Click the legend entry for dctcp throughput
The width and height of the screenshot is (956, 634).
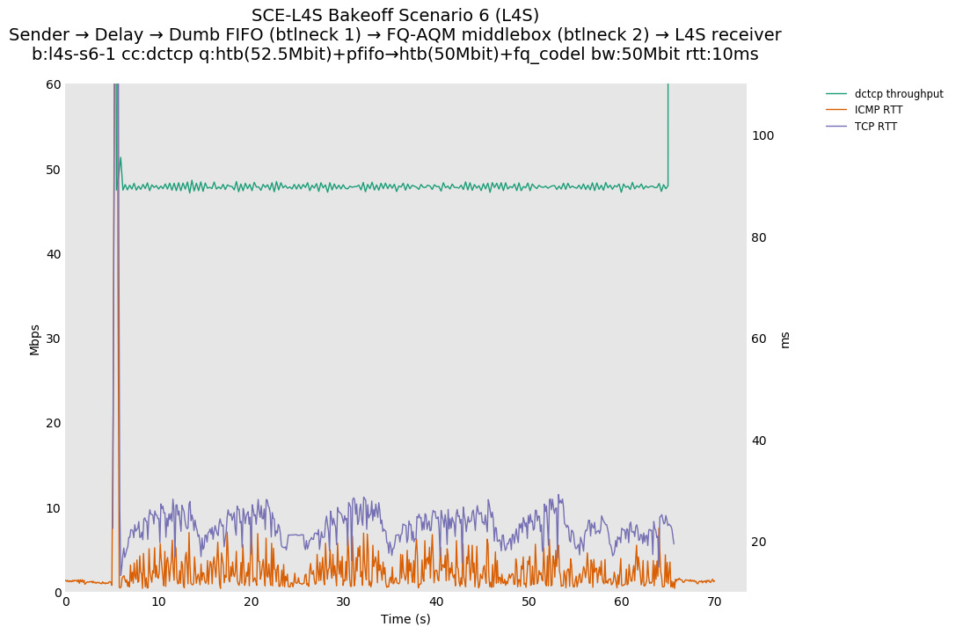point(898,93)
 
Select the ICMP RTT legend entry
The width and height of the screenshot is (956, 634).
point(878,110)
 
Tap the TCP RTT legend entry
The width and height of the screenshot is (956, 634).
point(875,127)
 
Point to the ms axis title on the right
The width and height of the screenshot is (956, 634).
point(785,339)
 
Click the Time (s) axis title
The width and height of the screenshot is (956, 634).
point(405,619)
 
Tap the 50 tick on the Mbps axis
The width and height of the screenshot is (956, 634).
point(53,170)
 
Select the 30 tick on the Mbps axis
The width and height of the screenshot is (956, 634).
point(53,339)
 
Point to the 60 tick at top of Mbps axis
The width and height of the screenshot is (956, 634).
point(53,84)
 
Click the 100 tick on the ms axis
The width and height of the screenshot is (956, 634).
point(763,135)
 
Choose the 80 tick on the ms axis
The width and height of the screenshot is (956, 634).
point(759,237)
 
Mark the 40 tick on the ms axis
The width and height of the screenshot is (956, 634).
point(759,441)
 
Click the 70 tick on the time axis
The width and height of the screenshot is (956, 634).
point(714,601)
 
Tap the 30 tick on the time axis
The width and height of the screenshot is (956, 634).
point(344,601)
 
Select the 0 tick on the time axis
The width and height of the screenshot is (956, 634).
point(66,601)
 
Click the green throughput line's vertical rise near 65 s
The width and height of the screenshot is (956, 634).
point(668,132)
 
